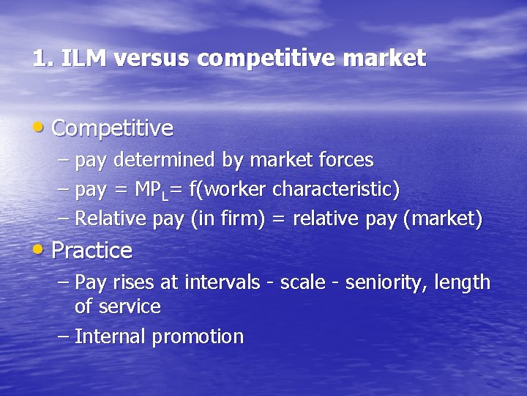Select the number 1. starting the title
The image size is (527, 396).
[x=42, y=58]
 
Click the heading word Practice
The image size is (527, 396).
[x=92, y=251]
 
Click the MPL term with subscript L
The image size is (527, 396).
[x=152, y=190]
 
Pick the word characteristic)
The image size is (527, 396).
[x=336, y=189]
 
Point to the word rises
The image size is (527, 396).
[x=132, y=282]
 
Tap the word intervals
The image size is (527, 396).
[x=223, y=282]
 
